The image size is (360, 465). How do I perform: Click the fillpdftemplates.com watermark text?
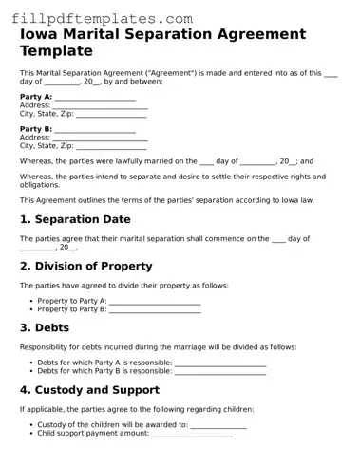pos(105,18)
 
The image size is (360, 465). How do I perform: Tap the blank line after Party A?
pos(95,98)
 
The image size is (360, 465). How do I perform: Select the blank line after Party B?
pos(95,130)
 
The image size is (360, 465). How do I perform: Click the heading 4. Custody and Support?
pos(89,389)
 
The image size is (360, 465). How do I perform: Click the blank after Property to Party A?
pos(155,302)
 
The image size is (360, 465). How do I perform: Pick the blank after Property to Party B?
pos(155,309)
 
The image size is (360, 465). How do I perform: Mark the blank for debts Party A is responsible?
pos(220,363)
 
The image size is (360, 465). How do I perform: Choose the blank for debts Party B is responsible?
pos(220,371)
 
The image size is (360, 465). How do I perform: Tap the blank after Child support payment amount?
pos(192,434)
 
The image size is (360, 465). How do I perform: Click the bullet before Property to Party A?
pos(31,301)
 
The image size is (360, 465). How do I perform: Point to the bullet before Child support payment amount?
pos(31,433)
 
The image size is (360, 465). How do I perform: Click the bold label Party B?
pos(36,129)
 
